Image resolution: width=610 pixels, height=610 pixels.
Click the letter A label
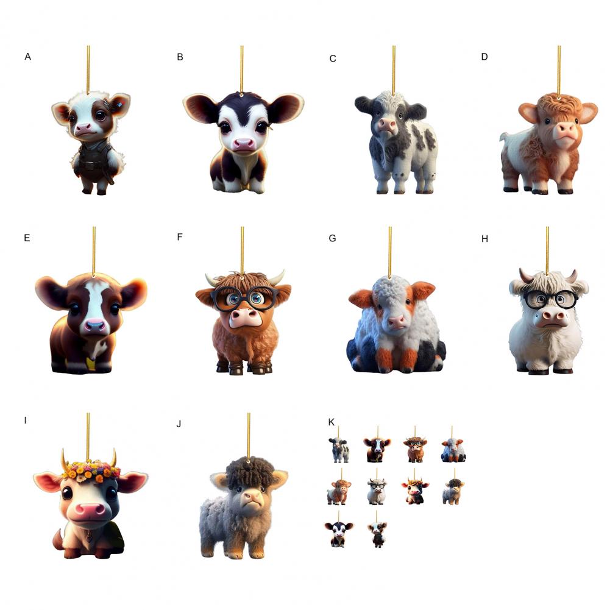(27, 57)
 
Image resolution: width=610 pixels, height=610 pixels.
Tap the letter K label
(332, 422)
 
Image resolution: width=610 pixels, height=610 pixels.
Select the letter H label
(484, 239)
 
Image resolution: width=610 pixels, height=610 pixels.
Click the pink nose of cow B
(243, 144)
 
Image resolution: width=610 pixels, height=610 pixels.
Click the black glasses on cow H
(550, 299)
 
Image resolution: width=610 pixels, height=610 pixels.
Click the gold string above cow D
(559, 70)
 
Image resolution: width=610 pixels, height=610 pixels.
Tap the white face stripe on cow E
(94, 303)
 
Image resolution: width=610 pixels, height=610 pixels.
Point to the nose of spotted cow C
(386, 126)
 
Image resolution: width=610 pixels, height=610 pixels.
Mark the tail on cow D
(504, 137)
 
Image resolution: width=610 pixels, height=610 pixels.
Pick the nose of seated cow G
(396, 322)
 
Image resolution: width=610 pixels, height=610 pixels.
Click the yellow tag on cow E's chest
(91, 363)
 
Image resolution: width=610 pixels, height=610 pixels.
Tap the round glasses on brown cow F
(244, 299)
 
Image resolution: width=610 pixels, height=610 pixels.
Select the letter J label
(179, 424)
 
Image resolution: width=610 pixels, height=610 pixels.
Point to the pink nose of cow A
(83, 128)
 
